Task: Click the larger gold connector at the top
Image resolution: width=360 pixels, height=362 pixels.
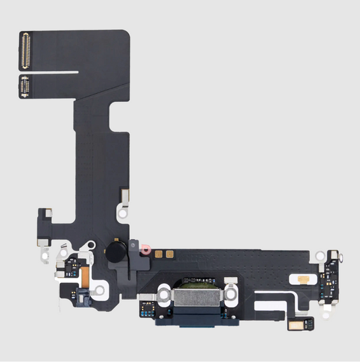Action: click(27, 50)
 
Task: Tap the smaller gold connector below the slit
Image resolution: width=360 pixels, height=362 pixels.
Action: click(26, 86)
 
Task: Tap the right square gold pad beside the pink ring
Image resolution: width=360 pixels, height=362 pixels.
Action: click(170, 255)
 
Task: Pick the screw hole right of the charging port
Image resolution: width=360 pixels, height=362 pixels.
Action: click(230, 295)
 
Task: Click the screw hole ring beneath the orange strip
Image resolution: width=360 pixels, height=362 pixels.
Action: click(99, 290)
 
